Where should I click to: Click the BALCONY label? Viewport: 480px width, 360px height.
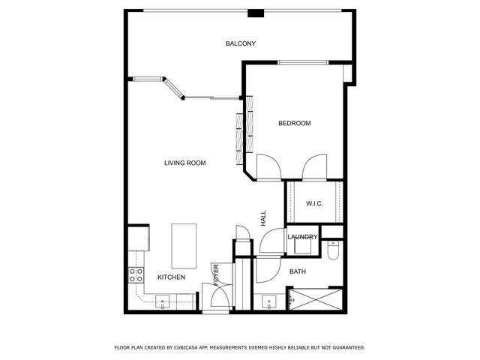(241, 43)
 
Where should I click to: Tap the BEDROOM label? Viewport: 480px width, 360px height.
(294, 123)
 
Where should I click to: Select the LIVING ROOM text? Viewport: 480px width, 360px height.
(185, 163)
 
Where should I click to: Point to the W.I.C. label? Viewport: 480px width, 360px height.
(314, 204)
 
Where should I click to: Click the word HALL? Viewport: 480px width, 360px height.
(263, 218)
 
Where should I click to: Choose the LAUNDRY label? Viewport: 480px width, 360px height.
(303, 237)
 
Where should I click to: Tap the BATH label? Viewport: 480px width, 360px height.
(298, 271)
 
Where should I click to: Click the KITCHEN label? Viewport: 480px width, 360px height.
(171, 277)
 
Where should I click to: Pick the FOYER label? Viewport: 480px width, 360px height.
(216, 274)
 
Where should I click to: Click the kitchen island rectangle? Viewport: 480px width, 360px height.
(184, 245)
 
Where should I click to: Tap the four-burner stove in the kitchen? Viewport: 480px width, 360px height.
(136, 274)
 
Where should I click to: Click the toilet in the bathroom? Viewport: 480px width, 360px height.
(334, 250)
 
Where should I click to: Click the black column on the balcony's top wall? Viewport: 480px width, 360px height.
(256, 13)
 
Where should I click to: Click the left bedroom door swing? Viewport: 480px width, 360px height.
(268, 166)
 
